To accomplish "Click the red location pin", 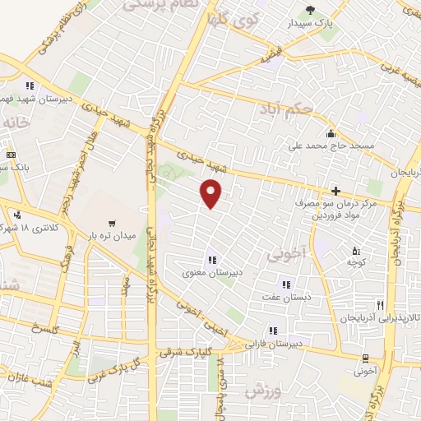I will (211, 193).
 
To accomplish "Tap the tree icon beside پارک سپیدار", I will (310, 10).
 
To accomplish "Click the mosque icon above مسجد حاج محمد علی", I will (331, 133).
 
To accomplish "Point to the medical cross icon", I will (335, 191).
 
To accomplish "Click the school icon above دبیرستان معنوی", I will (212, 261).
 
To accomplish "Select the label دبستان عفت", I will (284, 296).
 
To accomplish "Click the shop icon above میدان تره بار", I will (112, 222).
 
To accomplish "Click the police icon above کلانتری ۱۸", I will (16, 215).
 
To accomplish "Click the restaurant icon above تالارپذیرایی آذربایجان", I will (379, 304).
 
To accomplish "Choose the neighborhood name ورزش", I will (261, 390).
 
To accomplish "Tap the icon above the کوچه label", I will (355, 250).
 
